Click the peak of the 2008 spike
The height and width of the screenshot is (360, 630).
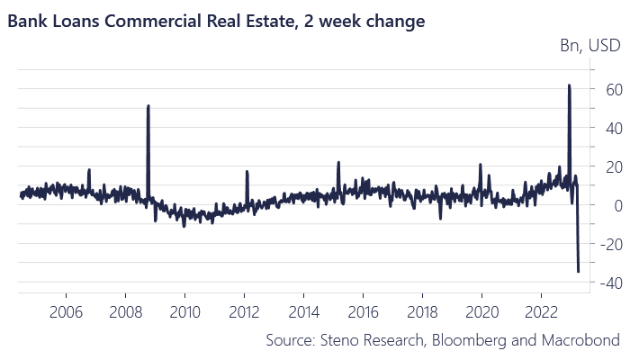pyautogui.click(x=148, y=106)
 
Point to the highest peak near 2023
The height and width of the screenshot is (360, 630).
pyautogui.click(x=569, y=85)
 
